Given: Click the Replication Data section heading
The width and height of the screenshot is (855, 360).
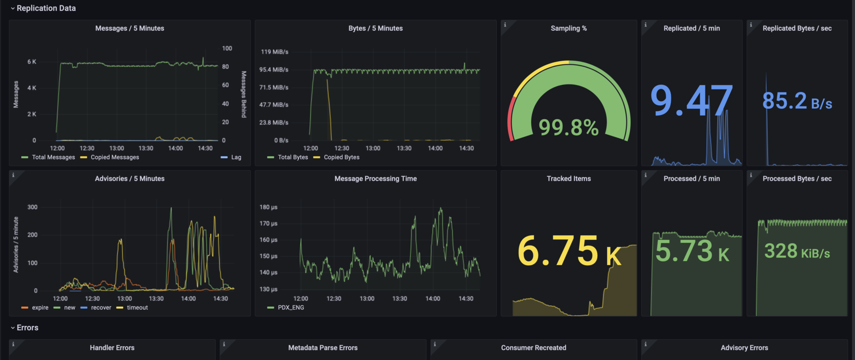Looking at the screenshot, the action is pyautogui.click(x=46, y=8).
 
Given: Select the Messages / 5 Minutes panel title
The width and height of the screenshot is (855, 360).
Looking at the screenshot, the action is pyautogui.click(x=130, y=29).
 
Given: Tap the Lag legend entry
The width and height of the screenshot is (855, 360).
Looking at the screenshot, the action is pyautogui.click(x=231, y=157).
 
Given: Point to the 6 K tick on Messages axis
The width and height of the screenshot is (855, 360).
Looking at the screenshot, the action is pyautogui.click(x=32, y=62).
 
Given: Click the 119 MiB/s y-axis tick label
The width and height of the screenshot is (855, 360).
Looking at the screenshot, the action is pyautogui.click(x=275, y=52).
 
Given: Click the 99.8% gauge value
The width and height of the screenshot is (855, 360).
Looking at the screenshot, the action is pyautogui.click(x=569, y=128).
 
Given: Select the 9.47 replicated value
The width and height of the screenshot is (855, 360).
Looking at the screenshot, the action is pyautogui.click(x=691, y=100).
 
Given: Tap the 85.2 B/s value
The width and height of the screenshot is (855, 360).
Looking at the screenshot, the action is pyautogui.click(x=797, y=101).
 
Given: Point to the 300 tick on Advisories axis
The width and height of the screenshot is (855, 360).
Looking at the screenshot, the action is pyautogui.click(x=32, y=207).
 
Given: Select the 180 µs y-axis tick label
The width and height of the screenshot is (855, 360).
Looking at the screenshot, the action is pyautogui.click(x=268, y=207).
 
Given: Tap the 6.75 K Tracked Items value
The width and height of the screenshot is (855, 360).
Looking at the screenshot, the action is pyautogui.click(x=569, y=251).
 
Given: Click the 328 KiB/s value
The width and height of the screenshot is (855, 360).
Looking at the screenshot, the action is pyautogui.click(x=797, y=251).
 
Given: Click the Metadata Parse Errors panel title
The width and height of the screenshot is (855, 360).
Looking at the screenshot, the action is pyautogui.click(x=323, y=348).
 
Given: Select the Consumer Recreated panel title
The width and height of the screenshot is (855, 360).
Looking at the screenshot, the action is pyautogui.click(x=533, y=348).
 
